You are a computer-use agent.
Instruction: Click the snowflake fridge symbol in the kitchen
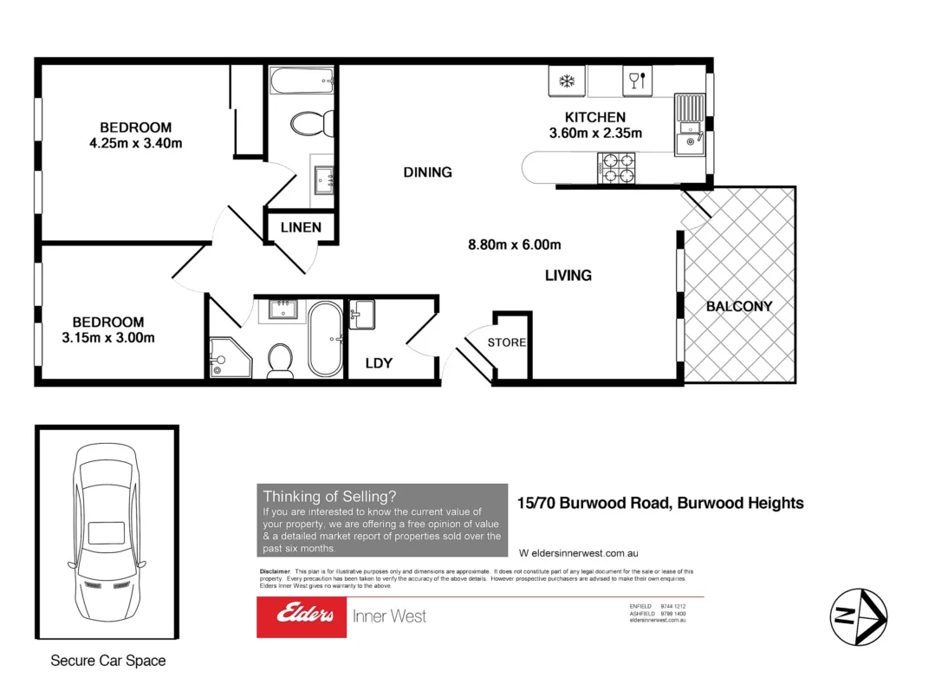point(567,81)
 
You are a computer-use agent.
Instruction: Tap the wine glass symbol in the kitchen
point(634,81)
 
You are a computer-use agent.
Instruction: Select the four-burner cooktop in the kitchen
point(616,167)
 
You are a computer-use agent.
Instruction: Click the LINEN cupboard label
point(301,227)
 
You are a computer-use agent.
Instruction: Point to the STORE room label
point(507,342)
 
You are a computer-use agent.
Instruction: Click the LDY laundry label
point(379,363)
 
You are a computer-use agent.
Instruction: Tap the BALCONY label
point(738,306)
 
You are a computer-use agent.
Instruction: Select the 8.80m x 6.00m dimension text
point(515,244)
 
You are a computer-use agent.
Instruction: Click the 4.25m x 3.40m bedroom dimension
point(135,143)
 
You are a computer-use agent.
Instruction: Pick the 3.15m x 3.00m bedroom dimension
point(108,338)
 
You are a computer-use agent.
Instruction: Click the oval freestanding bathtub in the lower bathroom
point(325,338)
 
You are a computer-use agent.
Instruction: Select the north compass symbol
point(857,616)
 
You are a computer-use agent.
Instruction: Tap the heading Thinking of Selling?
point(329,497)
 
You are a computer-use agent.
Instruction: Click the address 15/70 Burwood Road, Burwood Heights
point(659,503)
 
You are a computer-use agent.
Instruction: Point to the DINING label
point(427,173)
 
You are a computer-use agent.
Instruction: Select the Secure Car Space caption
point(107,661)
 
